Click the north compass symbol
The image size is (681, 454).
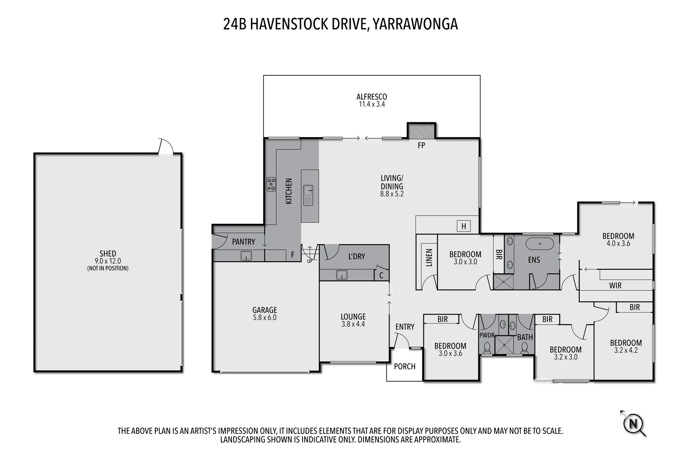click(633, 424)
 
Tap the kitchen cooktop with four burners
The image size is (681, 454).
click(271, 184)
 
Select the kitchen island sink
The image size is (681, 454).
click(308, 195)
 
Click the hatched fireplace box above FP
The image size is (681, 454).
click(421, 131)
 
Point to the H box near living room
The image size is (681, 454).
click(464, 226)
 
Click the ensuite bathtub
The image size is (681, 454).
click(540, 244)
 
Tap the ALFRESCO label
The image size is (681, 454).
click(372, 97)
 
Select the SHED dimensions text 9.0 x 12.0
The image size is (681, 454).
click(107, 261)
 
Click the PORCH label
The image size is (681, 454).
click(404, 366)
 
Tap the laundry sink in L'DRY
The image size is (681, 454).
click(342, 275)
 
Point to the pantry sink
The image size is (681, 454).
click(246, 256)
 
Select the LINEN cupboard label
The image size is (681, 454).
click(429, 258)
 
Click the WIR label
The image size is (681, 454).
click(615, 286)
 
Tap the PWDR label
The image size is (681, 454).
click(487, 335)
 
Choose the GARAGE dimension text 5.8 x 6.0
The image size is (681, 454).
click(264, 317)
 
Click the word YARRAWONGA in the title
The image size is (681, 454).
click(415, 24)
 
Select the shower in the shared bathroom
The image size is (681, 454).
click(506, 345)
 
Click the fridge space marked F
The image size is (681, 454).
click(292, 255)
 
